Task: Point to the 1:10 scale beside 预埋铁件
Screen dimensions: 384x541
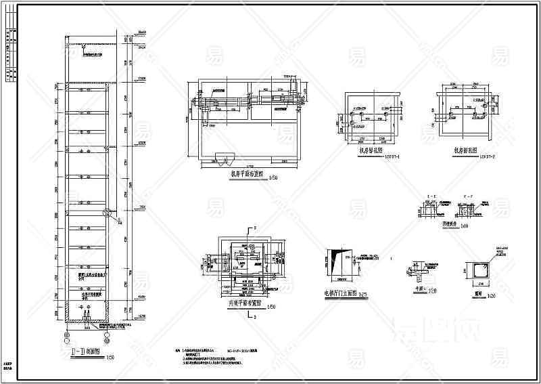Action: coord(446,226)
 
